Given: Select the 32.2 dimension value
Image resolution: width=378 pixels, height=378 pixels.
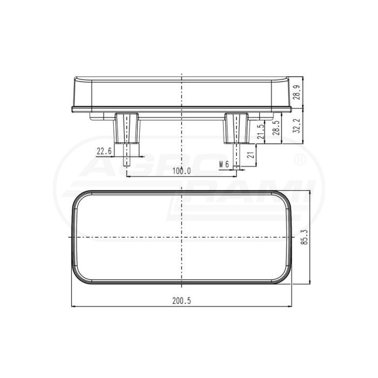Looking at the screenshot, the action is (296, 126).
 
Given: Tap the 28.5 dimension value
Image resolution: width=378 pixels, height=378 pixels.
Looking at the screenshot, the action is (276, 128).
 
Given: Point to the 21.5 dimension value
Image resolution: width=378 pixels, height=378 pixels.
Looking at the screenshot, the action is (261, 132).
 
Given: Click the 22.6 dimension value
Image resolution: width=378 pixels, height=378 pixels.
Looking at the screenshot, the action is (104, 151).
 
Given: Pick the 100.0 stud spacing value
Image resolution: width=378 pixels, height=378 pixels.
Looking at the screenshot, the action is (182, 171).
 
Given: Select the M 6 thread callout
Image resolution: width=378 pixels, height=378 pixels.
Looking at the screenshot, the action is (224, 165).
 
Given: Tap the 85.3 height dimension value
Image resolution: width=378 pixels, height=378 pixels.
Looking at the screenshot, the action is (305, 237).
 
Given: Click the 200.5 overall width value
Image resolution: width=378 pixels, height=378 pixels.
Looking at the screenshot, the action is (181, 301).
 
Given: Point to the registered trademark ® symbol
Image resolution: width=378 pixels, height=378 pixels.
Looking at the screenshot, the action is (301, 160).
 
